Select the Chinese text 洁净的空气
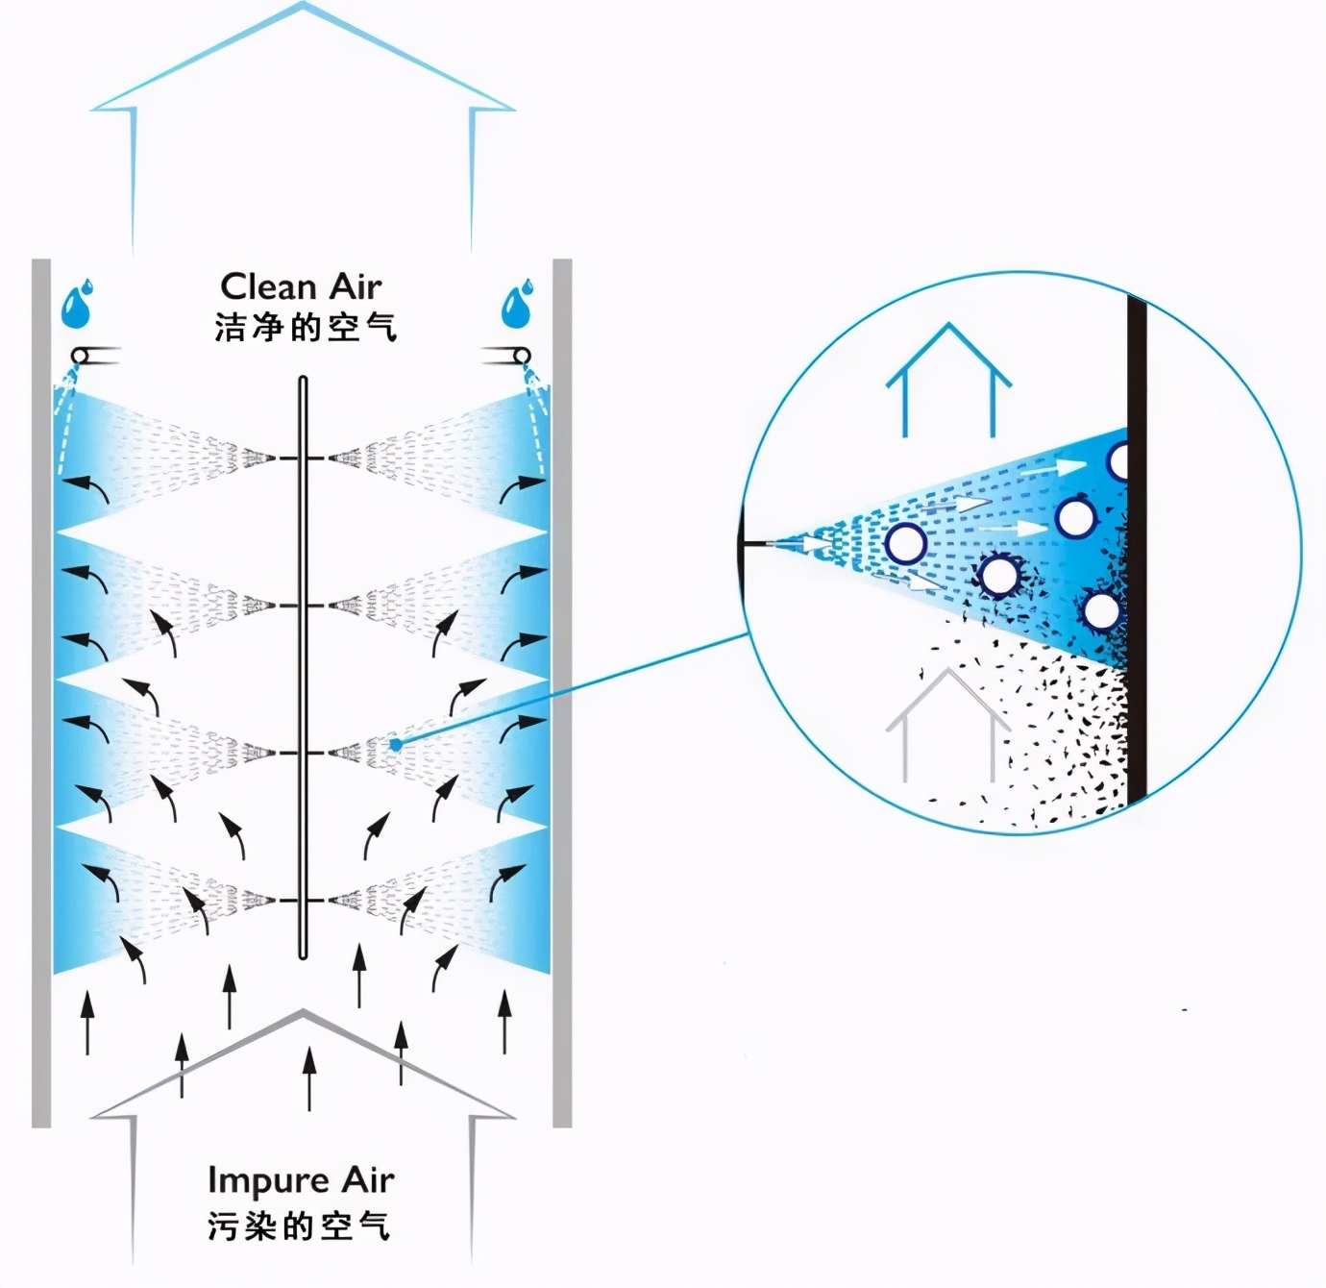(306, 328)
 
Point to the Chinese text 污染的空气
(299, 1226)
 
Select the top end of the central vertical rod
(304, 377)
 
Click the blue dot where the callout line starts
(395, 745)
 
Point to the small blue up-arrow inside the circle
(947, 380)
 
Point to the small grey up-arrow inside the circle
(947, 725)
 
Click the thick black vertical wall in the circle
(1138, 549)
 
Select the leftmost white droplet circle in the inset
(906, 542)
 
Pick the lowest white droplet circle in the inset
(1100, 610)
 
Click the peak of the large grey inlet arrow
(303, 1010)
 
